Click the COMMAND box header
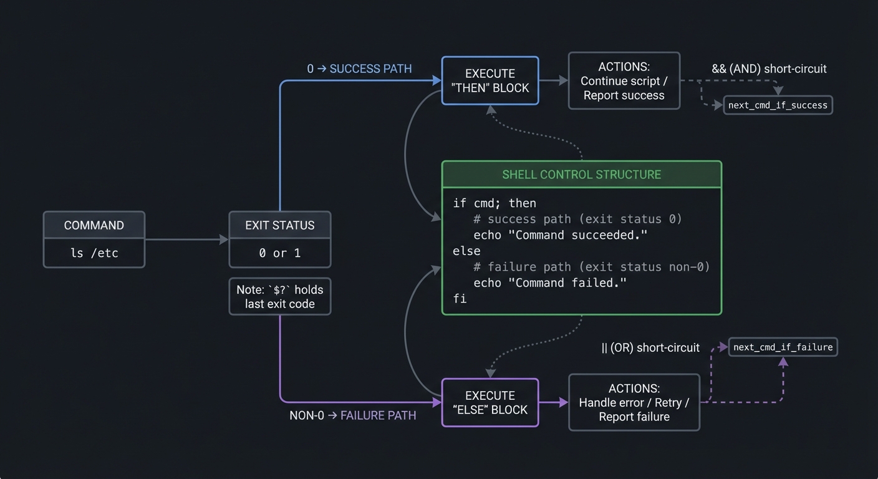94,225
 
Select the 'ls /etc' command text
94,253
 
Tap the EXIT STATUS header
279,225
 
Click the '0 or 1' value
279,253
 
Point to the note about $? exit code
279,297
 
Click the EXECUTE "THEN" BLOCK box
490,81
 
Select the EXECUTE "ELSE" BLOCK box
490,403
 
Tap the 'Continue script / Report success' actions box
624,81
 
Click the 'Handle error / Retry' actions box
634,403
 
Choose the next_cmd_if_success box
778,105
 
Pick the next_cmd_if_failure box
783,347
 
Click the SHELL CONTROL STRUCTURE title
581,175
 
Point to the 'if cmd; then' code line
494,203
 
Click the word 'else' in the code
466,251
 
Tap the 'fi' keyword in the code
460,299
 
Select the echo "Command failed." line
549,283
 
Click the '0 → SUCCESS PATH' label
359,69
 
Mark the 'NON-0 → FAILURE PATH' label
352,415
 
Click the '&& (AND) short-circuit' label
769,69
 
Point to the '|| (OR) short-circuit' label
650,347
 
